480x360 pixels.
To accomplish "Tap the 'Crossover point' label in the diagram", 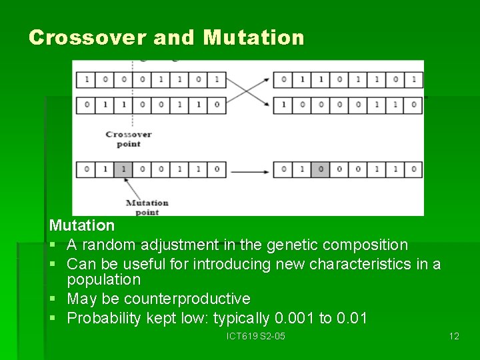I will (x=129, y=139).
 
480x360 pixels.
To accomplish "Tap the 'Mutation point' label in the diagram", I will (x=147, y=207).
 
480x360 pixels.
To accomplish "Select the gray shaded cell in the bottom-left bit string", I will (x=123, y=169).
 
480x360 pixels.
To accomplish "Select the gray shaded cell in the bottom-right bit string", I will (x=321, y=169).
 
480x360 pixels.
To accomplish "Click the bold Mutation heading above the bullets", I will (x=81, y=226).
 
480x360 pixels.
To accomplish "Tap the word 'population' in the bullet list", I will (x=104, y=279).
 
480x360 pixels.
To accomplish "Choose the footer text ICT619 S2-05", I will (x=256, y=336).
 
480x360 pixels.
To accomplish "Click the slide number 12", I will (x=453, y=336).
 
